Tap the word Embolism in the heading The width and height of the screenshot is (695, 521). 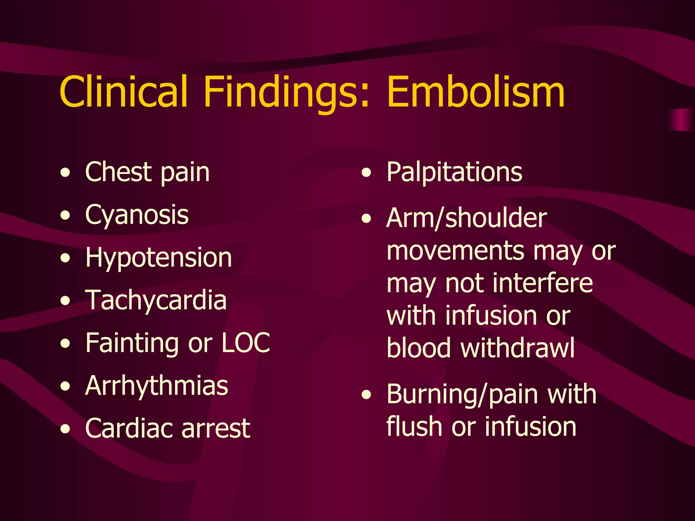pos(475,92)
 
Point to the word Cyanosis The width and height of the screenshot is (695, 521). pos(137,215)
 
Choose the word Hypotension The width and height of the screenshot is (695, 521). pos(158,258)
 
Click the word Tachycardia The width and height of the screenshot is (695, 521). pos(156,301)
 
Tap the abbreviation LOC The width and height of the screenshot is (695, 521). pos(246,343)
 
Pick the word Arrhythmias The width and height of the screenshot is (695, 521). pos(156,386)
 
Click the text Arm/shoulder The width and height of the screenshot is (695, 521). pos(467,218)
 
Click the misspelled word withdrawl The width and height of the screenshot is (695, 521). pos(518,348)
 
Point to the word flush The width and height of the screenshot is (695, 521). pos(414,426)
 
